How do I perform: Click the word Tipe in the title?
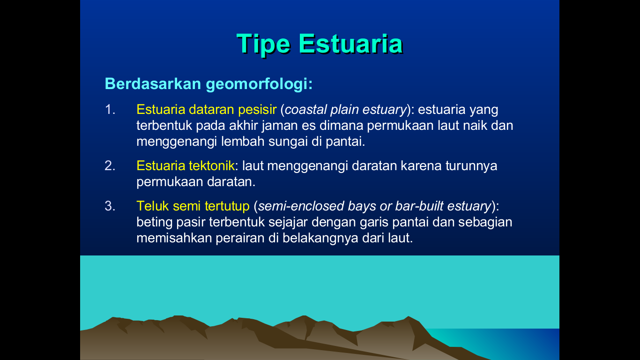pos(264,44)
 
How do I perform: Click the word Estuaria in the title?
pos(350,44)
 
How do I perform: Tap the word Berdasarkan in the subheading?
pos(153,84)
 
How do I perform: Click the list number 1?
pos(110,110)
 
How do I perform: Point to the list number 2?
pos(110,166)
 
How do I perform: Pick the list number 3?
pos(110,206)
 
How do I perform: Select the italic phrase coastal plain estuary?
pos(345,110)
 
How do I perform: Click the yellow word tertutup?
pos(227,206)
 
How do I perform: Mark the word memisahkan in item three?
pos(174,238)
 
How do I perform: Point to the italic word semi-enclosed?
pos(302,206)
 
